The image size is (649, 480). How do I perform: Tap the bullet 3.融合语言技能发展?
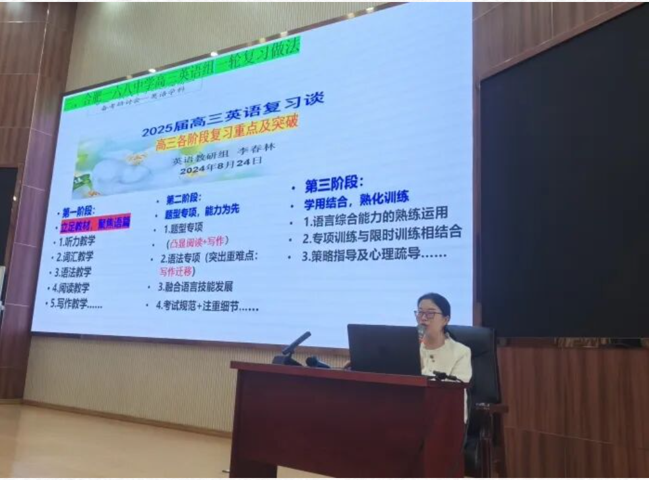click(195, 287)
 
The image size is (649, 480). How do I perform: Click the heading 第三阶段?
click(334, 183)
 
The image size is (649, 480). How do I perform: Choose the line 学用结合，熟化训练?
click(356, 197)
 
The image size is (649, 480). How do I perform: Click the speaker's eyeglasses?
click(428, 315)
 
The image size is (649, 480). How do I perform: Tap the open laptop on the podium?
click(384, 349)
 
